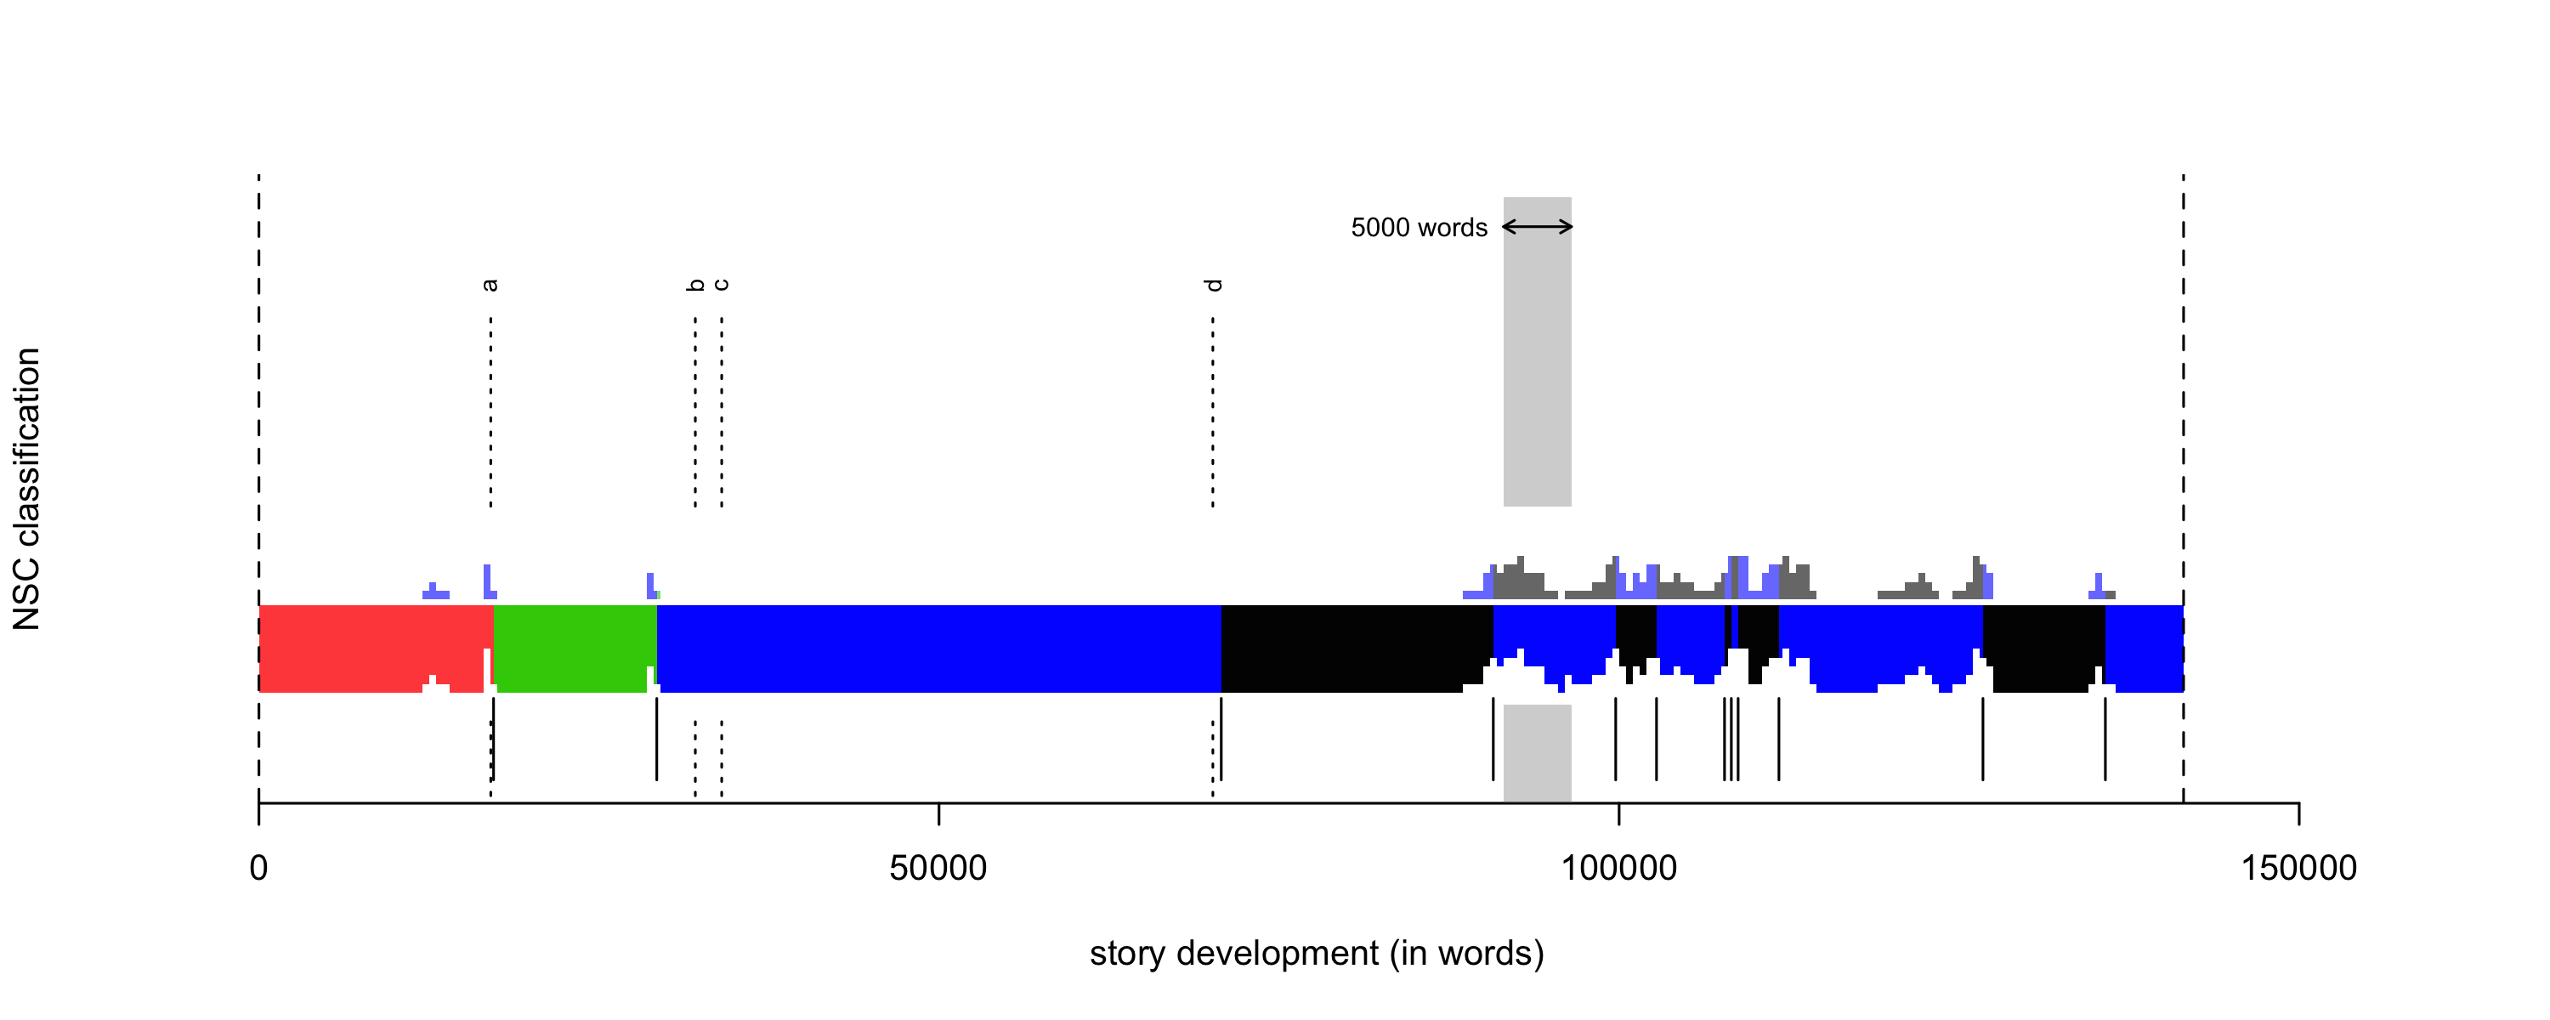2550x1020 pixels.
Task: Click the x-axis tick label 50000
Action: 938,869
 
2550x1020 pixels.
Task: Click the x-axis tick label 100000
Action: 1618,869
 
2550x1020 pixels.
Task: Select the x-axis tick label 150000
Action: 2298,869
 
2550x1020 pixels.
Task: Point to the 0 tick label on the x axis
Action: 258,869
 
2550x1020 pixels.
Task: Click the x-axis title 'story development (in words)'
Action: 1317,954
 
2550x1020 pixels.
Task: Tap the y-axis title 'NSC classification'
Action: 26,488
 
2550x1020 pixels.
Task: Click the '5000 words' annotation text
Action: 1419,228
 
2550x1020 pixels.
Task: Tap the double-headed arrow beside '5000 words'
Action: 1538,227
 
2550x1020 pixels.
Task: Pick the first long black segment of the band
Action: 1356,648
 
